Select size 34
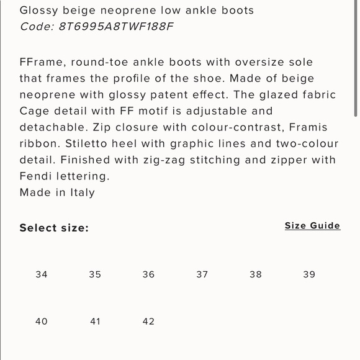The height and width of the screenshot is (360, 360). (x=42, y=274)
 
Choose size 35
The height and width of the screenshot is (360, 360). (x=95, y=274)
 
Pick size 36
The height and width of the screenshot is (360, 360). (x=148, y=274)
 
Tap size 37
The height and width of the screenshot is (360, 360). (x=202, y=274)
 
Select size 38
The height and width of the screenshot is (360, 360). (x=256, y=274)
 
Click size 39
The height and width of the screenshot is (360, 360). (x=309, y=274)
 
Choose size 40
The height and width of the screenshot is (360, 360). (x=42, y=322)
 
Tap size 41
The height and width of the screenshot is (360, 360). (x=95, y=322)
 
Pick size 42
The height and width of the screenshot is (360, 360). (x=148, y=322)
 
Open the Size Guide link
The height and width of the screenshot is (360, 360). (x=312, y=226)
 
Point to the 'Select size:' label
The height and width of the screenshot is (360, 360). (x=54, y=228)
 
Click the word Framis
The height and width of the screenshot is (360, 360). (x=308, y=127)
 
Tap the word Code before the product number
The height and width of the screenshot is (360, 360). (x=35, y=26)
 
